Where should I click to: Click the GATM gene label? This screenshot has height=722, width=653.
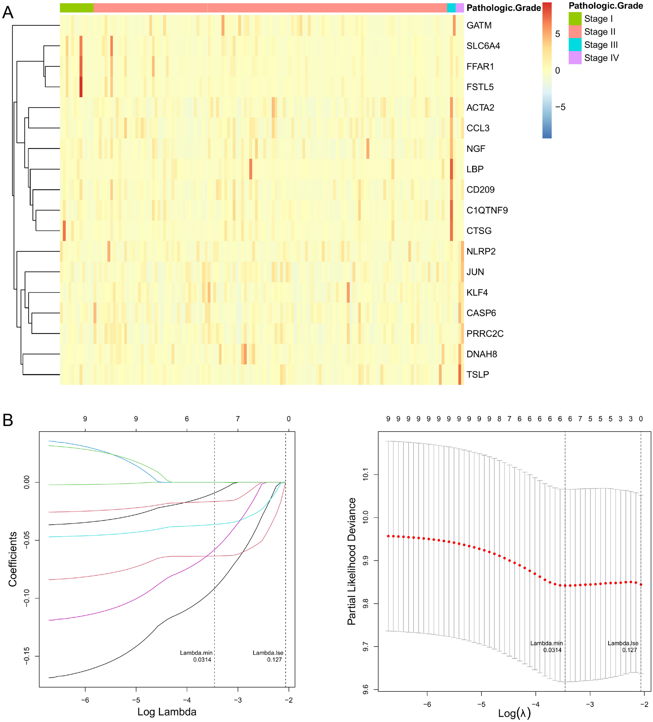[479, 25]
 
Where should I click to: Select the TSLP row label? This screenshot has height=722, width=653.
[478, 375]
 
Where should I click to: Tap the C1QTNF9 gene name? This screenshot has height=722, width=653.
[487, 210]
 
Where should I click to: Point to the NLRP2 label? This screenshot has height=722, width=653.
[481, 251]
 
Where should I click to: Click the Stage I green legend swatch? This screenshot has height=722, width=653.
[575, 19]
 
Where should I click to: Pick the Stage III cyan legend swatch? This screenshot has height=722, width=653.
[575, 45]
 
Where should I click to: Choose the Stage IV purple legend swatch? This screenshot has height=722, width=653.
[575, 58]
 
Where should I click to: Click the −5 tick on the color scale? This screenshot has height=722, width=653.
[560, 107]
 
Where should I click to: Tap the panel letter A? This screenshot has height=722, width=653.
[8, 13]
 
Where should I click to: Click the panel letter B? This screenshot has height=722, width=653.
[8, 420]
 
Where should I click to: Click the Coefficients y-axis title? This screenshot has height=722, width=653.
[13, 559]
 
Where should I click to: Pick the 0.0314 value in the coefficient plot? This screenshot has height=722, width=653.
[202, 660]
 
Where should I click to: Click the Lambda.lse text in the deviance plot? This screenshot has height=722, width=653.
[622, 643]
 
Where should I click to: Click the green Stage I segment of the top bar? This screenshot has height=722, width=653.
[76, 7]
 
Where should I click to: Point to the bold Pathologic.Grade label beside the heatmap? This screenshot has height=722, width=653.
[503, 8]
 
